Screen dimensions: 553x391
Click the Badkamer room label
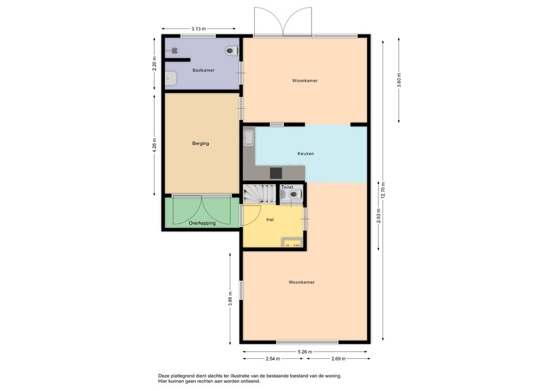[203, 70]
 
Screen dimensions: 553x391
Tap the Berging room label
[200, 143]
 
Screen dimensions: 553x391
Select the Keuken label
[305, 154]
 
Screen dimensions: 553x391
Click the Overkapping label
[202, 223]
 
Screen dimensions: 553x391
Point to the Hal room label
[270, 219]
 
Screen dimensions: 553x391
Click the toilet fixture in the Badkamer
[232, 51]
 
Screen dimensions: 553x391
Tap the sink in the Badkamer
[171, 79]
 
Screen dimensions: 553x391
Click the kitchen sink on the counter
[249, 138]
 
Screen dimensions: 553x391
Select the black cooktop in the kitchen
[276, 173]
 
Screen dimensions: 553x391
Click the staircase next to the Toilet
[259, 194]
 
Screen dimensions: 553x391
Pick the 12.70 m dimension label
[383, 191]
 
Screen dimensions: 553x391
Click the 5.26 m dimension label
[305, 351]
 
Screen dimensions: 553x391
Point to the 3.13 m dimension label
[199, 29]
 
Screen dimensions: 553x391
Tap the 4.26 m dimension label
[154, 145]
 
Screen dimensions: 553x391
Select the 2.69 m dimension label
[339, 359]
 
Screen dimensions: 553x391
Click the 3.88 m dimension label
[230, 299]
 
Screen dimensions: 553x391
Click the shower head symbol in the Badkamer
[174, 51]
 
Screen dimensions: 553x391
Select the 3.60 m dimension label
[399, 80]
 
